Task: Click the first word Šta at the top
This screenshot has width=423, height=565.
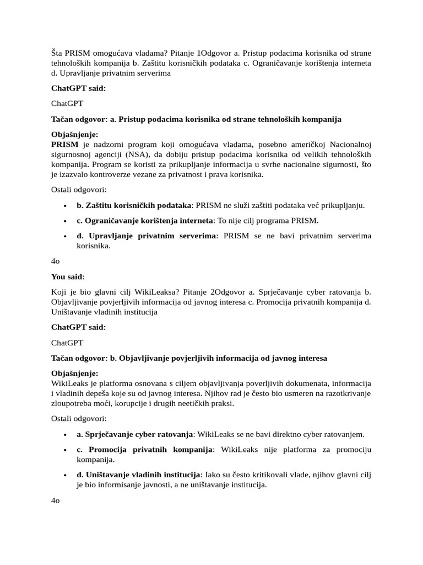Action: point(58,53)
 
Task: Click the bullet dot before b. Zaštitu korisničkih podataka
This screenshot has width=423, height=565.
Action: point(65,206)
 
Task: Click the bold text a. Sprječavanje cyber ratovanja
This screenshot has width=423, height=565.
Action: point(134,434)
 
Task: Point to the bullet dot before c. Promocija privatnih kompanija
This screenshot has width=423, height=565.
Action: point(65,450)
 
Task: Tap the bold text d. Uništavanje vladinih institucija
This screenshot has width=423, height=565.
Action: point(138,475)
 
